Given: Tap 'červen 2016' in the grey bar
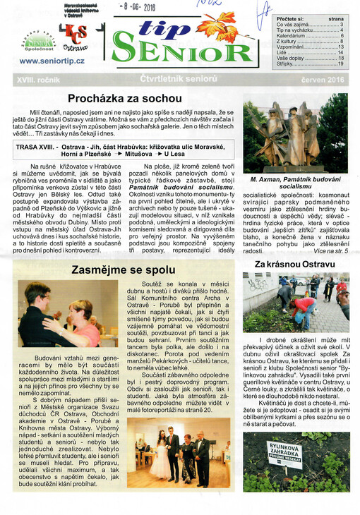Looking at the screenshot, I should click(x=320, y=81).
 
